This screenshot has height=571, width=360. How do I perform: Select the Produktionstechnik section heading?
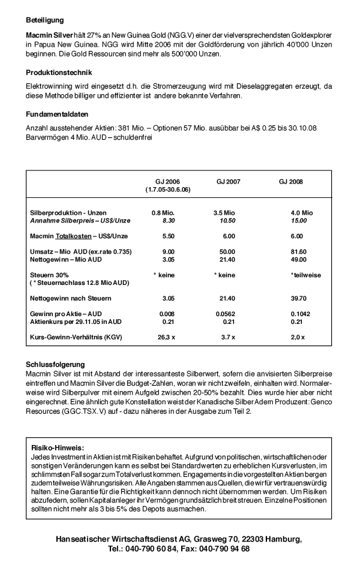pos(58,73)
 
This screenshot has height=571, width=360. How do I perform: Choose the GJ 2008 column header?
pos(290,181)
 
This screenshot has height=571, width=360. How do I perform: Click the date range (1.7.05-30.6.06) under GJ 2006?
pos(167,189)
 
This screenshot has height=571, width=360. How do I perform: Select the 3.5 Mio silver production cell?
pos(225,213)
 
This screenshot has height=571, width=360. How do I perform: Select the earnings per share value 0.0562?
pos(226,314)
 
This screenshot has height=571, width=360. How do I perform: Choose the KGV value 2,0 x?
pos(295,337)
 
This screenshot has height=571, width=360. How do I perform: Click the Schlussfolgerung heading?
pos(55,364)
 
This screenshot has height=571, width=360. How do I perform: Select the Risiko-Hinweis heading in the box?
pos(57,447)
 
